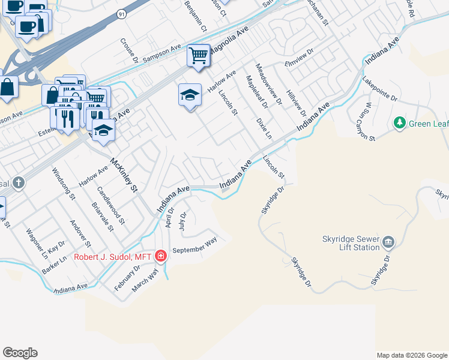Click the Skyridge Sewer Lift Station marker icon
tap(388, 242)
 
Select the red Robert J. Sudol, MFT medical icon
tap(160, 257)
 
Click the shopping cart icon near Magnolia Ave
tap(198, 56)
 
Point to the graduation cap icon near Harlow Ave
tap(190, 95)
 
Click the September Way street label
tap(194, 245)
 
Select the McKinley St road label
tap(124, 175)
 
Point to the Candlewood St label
tap(110, 204)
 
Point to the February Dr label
tap(128, 277)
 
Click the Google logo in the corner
tap(20, 353)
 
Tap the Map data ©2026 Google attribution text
tap(412, 355)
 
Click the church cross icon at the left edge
tap(19, 182)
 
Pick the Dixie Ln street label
tap(264, 128)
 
